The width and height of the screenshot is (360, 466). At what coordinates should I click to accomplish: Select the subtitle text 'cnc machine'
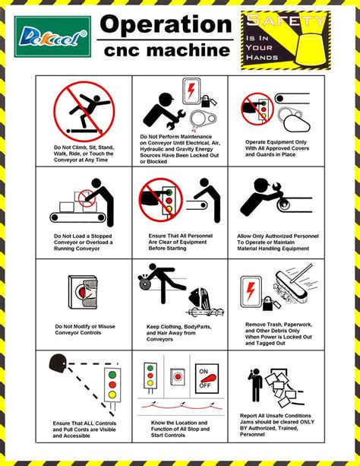click(166, 50)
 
